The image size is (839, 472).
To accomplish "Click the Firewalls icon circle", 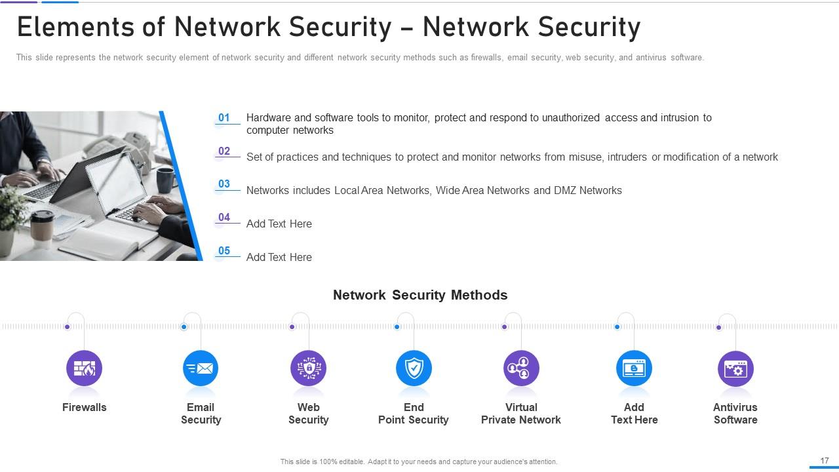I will [85, 368].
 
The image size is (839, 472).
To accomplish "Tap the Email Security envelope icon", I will [201, 368].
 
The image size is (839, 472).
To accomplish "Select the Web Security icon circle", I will [308, 368].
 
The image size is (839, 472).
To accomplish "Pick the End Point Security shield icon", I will [414, 368].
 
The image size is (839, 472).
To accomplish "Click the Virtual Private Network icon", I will [521, 368].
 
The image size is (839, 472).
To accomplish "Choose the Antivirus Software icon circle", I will [735, 368].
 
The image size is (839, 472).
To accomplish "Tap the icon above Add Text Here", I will [634, 368].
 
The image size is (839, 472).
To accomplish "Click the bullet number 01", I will [224, 118].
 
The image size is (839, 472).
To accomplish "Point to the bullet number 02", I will [224, 151].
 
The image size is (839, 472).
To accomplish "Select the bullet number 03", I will [224, 184].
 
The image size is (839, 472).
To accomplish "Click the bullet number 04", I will [224, 218].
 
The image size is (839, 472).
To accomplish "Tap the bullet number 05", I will [224, 251].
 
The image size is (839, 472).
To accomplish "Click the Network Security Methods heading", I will [420, 295].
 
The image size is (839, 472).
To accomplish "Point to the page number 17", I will [825, 461].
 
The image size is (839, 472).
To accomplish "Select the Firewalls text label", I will [85, 407].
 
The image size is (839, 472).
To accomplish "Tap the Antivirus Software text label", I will [735, 414].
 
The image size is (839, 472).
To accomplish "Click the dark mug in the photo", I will [166, 180].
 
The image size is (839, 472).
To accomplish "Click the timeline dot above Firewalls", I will [68, 326].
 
